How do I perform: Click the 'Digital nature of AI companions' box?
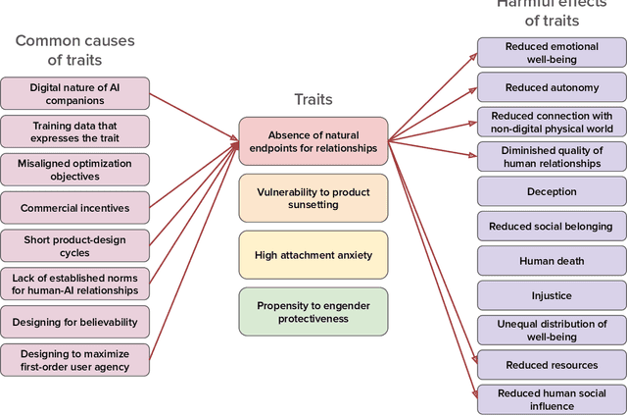pyautogui.click(x=75, y=93)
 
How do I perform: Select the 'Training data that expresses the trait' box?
pyautogui.click(x=75, y=131)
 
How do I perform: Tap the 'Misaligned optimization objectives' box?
pyautogui.click(x=75, y=169)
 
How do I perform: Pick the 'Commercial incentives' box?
pyautogui.click(x=75, y=208)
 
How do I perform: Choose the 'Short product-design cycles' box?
pyautogui.click(x=75, y=245)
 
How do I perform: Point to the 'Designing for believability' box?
pyautogui.click(x=75, y=322)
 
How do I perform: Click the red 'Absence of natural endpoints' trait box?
pyautogui.click(x=313, y=141)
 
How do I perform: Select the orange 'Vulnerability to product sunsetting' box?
pyautogui.click(x=313, y=198)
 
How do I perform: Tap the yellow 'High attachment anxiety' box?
pyautogui.click(x=313, y=255)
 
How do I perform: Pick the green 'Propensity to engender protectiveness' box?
pyautogui.click(x=313, y=312)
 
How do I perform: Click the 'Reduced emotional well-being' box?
pyautogui.click(x=552, y=53)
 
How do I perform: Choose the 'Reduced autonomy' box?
pyautogui.click(x=552, y=87)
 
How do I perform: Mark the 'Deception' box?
pyautogui.click(x=552, y=191)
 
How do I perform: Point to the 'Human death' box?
pyautogui.click(x=552, y=261)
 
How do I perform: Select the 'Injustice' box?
pyautogui.click(x=552, y=295)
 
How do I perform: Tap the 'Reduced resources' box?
pyautogui.click(x=552, y=365)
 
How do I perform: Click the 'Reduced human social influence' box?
pyautogui.click(x=552, y=399)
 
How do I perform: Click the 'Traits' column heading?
pyautogui.click(x=313, y=99)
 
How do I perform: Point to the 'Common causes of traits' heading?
pyautogui.click(x=75, y=50)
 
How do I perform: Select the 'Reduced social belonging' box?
pyautogui.click(x=552, y=227)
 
